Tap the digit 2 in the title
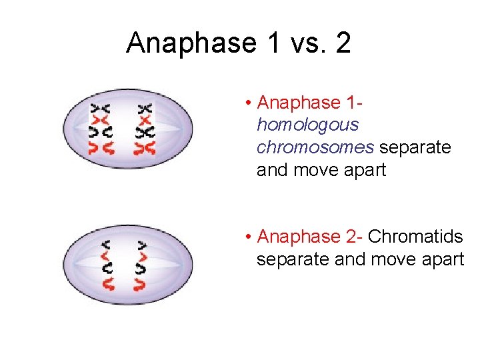tap(343, 44)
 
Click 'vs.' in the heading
tap(299, 44)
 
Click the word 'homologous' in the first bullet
tap(307, 125)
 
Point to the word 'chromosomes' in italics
tap(315, 147)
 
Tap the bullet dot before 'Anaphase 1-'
tap(247, 103)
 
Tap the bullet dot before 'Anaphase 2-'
tap(247, 237)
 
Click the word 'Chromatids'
tap(415, 237)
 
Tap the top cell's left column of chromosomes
tap(102, 129)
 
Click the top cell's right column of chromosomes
tap(145, 129)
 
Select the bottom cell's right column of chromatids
tap(141, 264)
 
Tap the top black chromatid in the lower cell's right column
tap(141, 245)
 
